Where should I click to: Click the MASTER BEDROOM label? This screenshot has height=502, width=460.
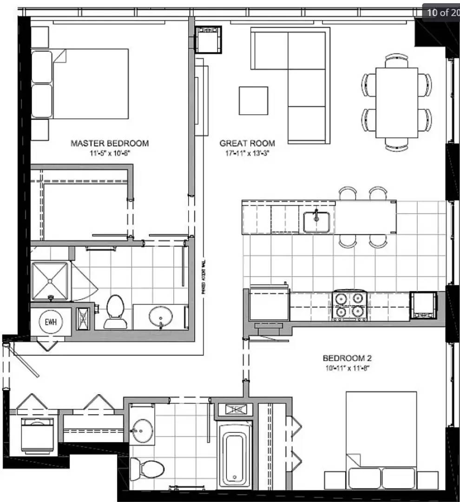pyautogui.click(x=110, y=143)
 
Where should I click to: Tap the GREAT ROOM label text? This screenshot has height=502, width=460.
pyautogui.click(x=247, y=143)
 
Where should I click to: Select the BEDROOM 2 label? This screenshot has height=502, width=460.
pyautogui.click(x=347, y=358)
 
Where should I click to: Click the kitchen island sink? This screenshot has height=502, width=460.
pyautogui.click(x=316, y=222)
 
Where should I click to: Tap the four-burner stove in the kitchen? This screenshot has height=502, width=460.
pyautogui.click(x=349, y=305)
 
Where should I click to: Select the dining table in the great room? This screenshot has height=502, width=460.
pyautogui.click(x=396, y=102)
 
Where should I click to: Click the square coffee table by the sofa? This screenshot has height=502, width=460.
pyautogui.click(x=253, y=100)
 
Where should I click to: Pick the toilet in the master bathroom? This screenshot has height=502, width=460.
pyautogui.click(x=115, y=310)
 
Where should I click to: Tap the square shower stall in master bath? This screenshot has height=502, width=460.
pyautogui.click(x=50, y=280)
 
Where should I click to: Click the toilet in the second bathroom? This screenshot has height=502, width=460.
pyautogui.click(x=147, y=468)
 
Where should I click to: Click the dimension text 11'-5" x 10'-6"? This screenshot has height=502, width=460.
pyautogui.click(x=110, y=152)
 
